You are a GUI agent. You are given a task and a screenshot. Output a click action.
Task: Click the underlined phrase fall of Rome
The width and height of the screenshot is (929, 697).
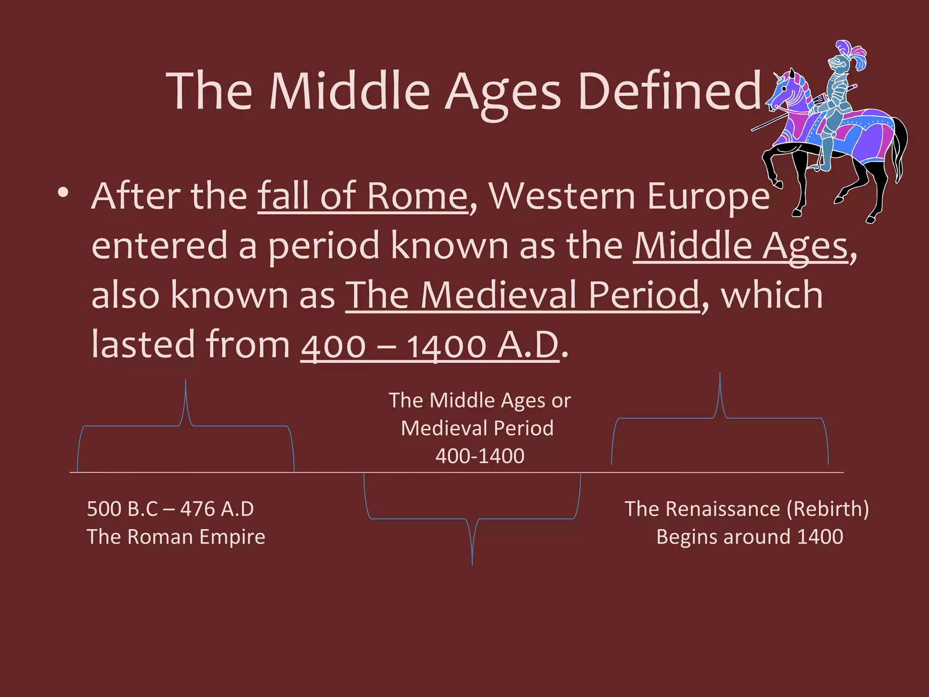(362, 196)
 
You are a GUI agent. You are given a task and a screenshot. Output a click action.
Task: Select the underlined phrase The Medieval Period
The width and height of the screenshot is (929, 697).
(523, 295)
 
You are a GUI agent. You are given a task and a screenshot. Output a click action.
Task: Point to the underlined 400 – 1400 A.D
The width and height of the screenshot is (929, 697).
(430, 345)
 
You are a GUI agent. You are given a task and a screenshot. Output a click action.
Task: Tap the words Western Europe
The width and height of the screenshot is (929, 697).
(629, 196)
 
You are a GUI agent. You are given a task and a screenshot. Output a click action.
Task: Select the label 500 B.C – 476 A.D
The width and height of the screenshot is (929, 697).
(170, 509)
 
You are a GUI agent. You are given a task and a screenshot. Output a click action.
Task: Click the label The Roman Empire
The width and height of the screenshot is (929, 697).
(176, 537)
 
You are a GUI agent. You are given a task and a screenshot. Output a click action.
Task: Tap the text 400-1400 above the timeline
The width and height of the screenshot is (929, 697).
(480, 456)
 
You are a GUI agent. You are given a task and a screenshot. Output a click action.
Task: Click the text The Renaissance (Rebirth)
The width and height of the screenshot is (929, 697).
(747, 509)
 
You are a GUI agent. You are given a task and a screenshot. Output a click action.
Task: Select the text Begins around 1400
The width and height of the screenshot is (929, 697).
(749, 537)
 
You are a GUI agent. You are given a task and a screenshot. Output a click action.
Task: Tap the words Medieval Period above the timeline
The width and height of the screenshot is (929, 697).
(477, 428)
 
